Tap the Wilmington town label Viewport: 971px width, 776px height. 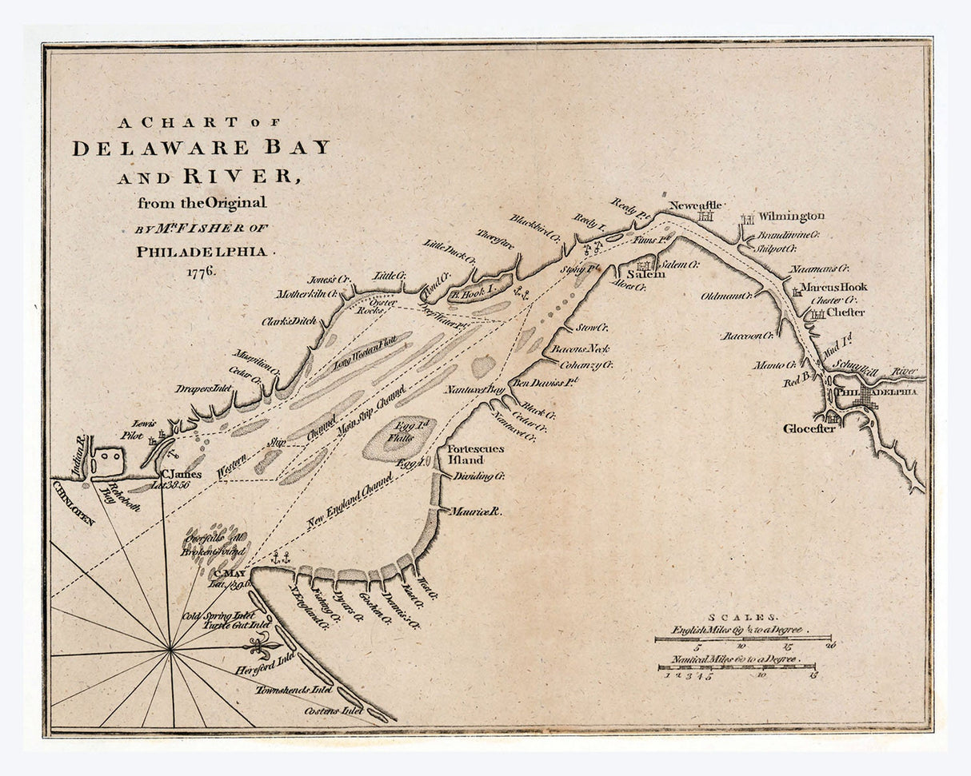coord(791,216)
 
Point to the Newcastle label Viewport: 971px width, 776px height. coord(696,205)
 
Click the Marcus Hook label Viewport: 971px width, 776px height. coord(834,287)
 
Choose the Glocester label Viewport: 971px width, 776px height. coord(809,429)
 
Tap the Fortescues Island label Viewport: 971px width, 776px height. coord(475,455)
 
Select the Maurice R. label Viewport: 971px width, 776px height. coord(474,511)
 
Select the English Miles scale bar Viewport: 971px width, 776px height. coord(742,639)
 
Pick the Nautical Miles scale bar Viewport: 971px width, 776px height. coord(737,667)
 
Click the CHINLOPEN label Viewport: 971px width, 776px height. coord(74,503)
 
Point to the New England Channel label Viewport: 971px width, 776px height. coord(350,503)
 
